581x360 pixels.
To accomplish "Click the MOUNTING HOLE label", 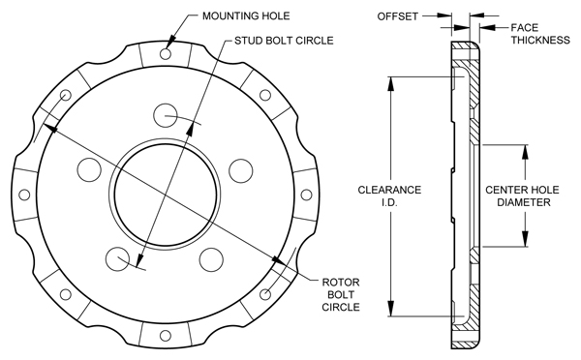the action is (x=246, y=16).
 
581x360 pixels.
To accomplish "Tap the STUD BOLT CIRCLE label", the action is (x=284, y=41).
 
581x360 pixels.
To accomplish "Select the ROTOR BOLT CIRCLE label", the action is (x=341, y=294).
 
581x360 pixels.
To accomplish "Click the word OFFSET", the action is (x=398, y=16).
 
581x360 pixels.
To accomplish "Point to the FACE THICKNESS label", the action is (x=540, y=34).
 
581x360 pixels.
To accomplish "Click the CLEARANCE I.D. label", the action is (x=389, y=195).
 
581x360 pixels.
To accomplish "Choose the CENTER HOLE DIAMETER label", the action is (x=522, y=195).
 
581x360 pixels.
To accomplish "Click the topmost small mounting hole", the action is (x=166, y=54).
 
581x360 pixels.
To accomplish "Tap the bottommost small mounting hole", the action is (x=166, y=336).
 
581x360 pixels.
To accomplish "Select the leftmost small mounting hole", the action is (x=24, y=195).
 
